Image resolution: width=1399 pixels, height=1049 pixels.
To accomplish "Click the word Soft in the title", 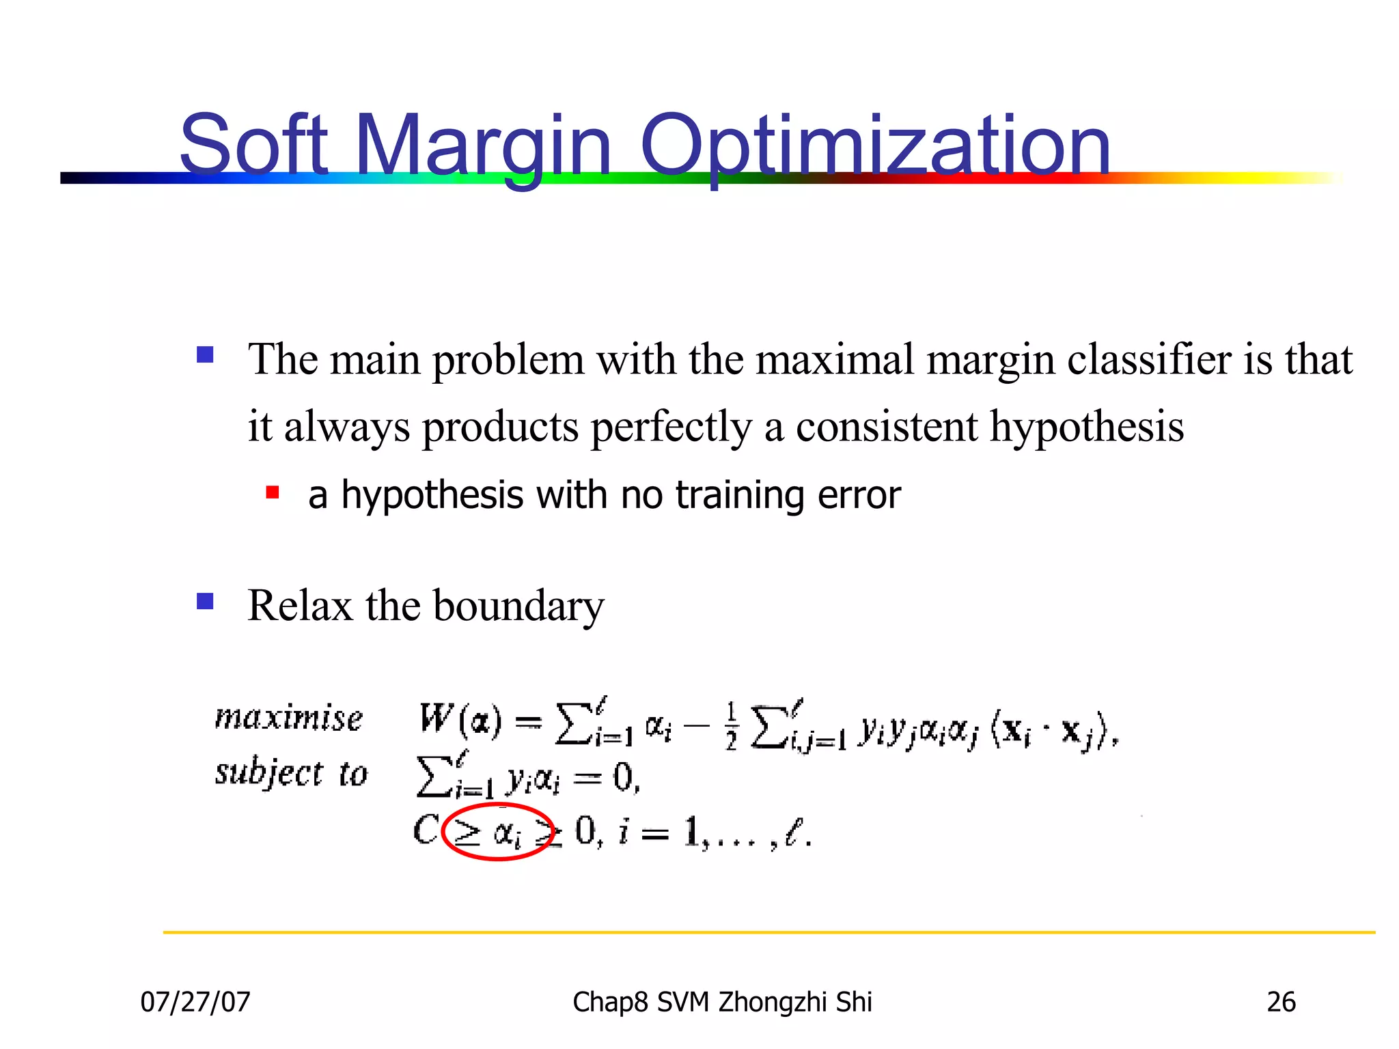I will point(253,145).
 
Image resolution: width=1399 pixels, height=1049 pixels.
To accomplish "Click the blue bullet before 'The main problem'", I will point(205,355).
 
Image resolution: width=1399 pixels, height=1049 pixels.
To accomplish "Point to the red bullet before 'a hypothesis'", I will point(273,492).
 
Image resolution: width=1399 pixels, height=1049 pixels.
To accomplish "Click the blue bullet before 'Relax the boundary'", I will point(205,601).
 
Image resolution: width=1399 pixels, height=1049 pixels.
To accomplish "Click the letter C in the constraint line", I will point(425,831).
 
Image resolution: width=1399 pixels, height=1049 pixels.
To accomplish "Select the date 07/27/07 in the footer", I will point(195,1002).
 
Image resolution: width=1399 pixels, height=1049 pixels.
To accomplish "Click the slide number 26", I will point(1281,1002).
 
